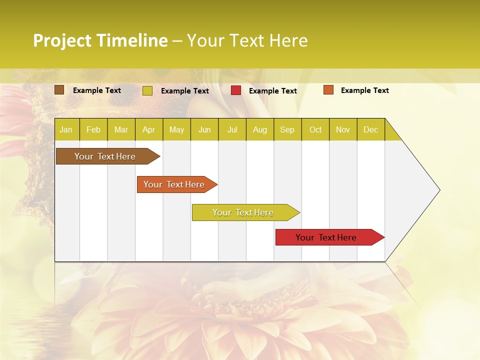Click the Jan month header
tap(66, 130)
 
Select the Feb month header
tap(93, 130)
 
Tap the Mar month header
tap(121, 130)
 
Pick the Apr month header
tap(149, 130)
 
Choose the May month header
tap(176, 130)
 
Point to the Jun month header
tap(204, 130)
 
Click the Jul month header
tap(232, 130)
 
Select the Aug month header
tap(260, 130)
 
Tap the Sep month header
tap(287, 130)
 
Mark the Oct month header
tap(315, 130)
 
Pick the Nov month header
tap(343, 130)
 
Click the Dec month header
tap(371, 130)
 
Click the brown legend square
tap(59, 90)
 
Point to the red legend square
tap(236, 90)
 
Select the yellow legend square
tap(147, 90)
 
